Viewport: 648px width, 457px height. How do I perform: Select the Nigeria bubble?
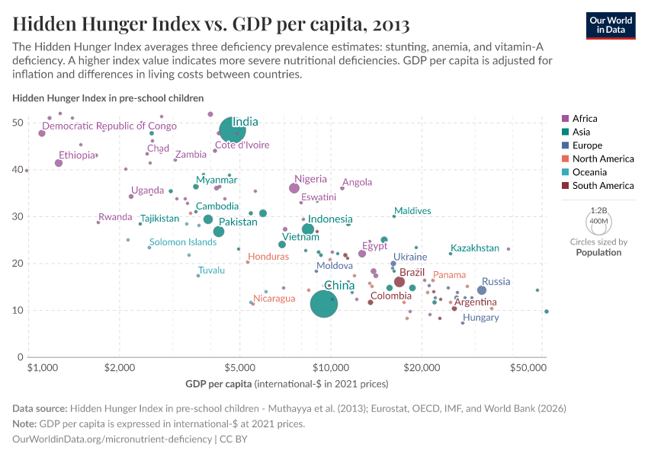[294, 188]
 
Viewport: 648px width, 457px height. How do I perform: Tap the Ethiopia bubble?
[59, 163]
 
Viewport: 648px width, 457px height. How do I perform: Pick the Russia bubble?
[482, 290]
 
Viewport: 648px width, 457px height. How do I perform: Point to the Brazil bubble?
[399, 282]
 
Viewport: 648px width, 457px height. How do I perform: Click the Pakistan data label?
[239, 222]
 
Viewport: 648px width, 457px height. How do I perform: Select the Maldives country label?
[412, 211]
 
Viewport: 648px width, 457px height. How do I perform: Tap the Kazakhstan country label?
[475, 248]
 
